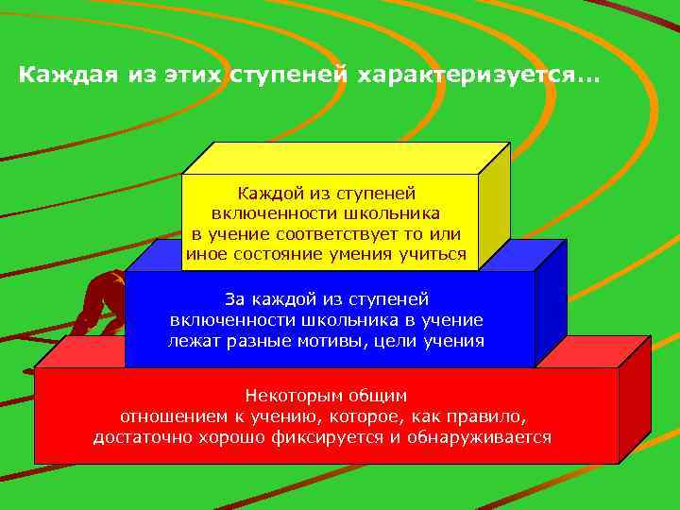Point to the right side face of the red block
[634, 401]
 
